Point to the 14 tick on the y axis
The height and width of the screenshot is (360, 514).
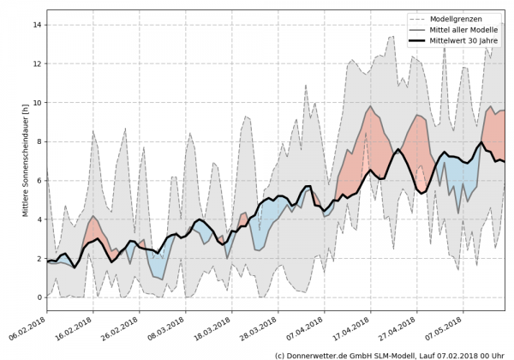pyautogui.click(x=38, y=25)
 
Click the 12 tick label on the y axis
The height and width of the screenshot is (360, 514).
pyautogui.click(x=38, y=64)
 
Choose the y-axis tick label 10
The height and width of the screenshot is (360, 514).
pyautogui.click(x=38, y=103)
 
